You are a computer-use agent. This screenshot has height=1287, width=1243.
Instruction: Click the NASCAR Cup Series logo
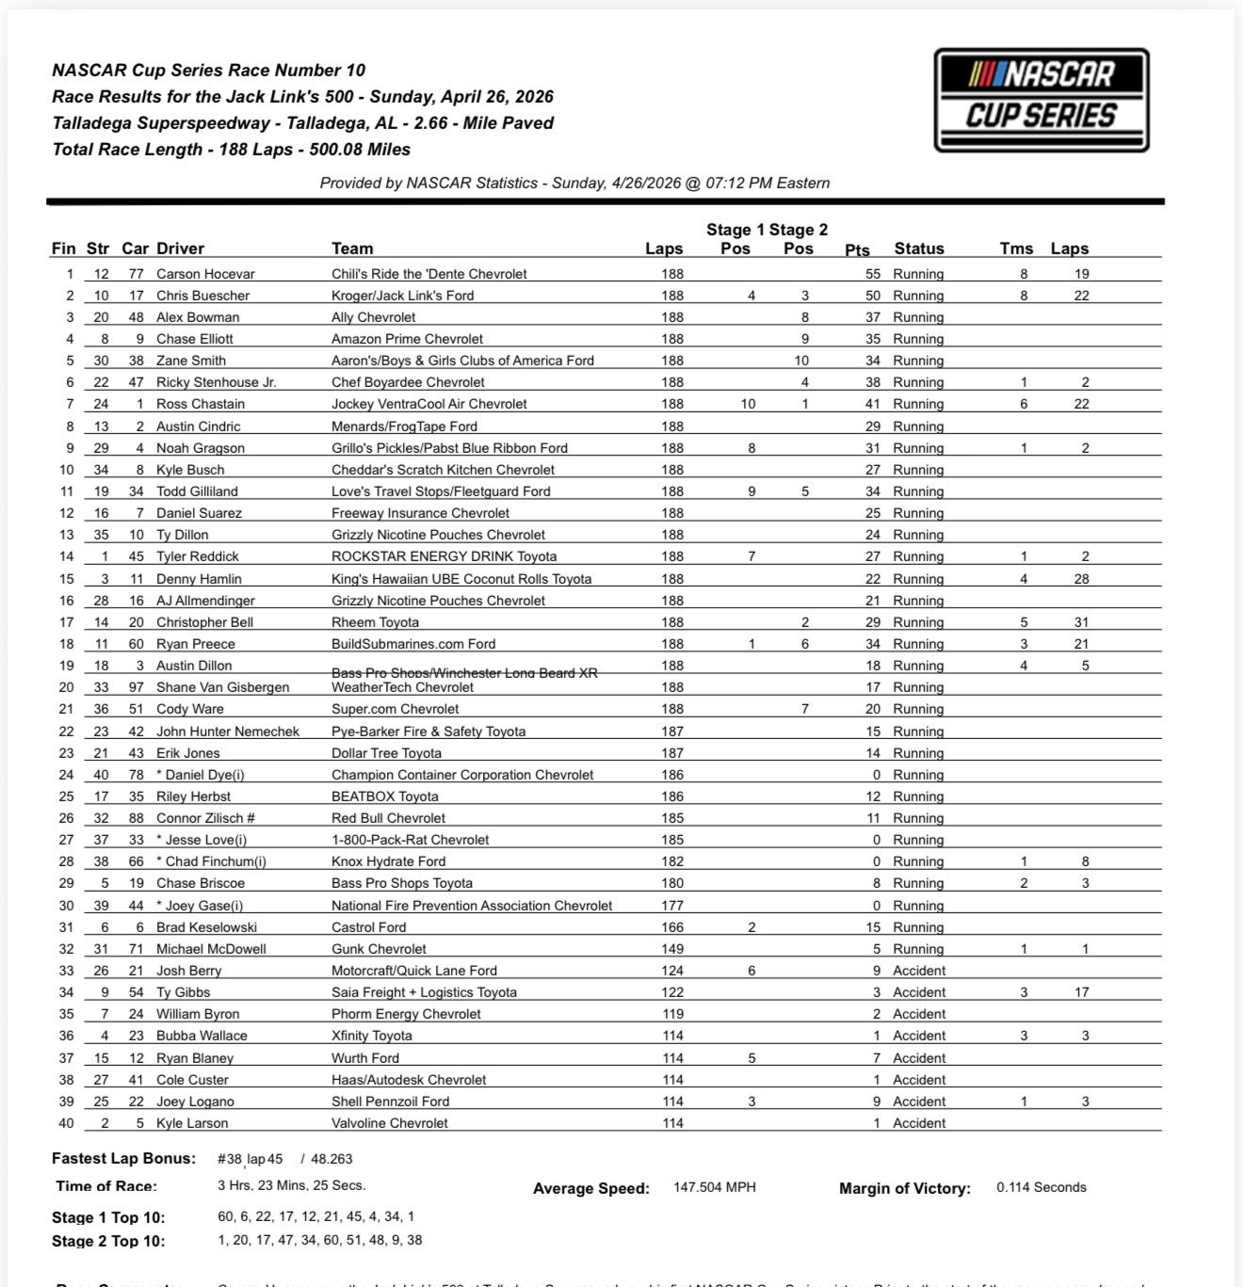click(1041, 100)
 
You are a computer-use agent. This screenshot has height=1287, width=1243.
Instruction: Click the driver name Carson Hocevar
click(205, 274)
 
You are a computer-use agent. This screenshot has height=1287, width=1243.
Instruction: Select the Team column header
click(352, 249)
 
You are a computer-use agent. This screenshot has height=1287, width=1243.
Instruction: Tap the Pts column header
click(857, 249)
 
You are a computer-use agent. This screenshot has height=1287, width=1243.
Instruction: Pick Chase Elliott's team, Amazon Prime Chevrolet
click(407, 339)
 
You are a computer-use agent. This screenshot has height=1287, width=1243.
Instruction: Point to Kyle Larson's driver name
click(192, 1123)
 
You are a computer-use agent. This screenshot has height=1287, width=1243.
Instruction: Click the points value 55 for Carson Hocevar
click(873, 274)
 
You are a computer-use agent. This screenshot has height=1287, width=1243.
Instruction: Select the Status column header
click(918, 249)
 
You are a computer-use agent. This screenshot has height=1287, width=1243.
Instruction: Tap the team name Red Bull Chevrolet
click(388, 818)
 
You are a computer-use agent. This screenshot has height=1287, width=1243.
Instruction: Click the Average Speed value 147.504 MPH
click(714, 1187)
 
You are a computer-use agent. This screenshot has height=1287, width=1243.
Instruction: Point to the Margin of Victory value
click(1041, 1187)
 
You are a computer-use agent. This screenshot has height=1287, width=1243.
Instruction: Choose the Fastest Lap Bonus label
click(123, 1159)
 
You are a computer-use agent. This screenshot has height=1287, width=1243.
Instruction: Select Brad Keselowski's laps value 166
click(672, 927)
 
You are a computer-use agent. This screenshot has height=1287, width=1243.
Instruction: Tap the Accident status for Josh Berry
click(918, 971)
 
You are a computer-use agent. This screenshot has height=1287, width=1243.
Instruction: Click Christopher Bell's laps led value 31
click(1081, 622)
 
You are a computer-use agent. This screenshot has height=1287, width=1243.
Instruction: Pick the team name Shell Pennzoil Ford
click(390, 1102)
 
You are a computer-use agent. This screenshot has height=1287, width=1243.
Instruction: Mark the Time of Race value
click(291, 1185)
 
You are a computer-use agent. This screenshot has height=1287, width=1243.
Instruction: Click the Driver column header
click(180, 249)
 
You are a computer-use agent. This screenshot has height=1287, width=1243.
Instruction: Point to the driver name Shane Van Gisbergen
click(222, 687)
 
